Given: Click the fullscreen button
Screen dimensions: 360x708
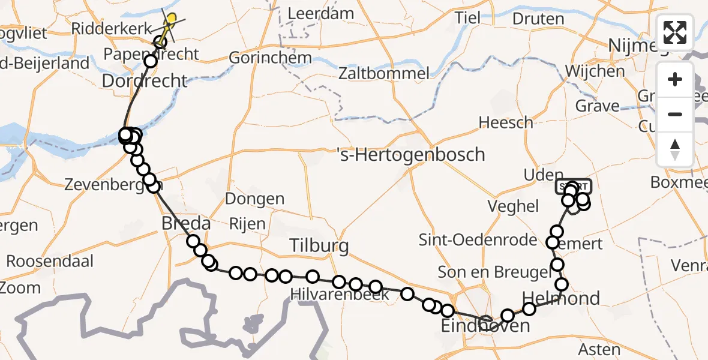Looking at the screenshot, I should (x=675, y=32).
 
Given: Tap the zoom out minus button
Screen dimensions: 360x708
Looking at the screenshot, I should (x=675, y=114).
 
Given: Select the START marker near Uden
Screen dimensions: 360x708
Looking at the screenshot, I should (x=574, y=187).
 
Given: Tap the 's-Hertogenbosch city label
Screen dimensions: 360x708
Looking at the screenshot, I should (x=410, y=155).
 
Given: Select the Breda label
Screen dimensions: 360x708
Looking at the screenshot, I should (x=186, y=224).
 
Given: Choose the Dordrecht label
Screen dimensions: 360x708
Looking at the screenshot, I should (x=145, y=80).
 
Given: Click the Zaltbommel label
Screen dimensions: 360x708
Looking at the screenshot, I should (x=384, y=74).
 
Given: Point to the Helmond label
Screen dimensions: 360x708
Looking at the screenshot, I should (x=561, y=298).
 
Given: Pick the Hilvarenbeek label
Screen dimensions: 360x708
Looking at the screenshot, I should (x=339, y=295).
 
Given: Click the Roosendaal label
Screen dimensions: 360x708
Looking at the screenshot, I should (x=50, y=262).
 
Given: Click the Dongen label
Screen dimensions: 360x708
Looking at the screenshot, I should (x=255, y=199).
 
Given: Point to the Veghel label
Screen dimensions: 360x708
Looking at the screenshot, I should (x=513, y=206).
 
